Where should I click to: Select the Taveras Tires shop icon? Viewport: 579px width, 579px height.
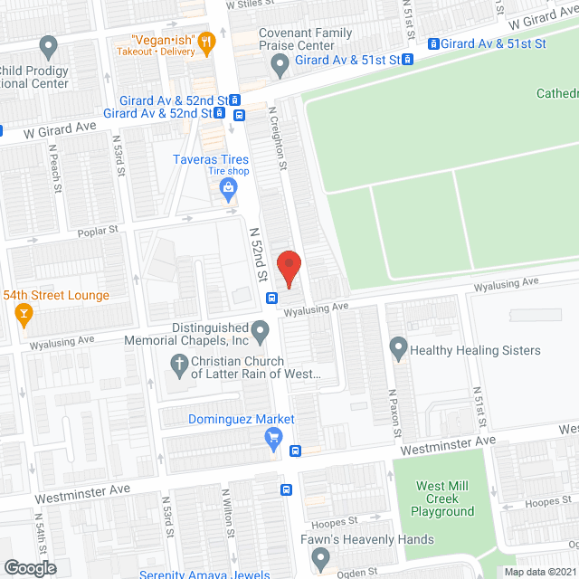click(227, 188)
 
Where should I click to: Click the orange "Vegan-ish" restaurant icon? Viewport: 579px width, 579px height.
click(206, 41)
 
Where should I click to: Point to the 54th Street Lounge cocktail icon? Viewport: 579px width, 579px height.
click(24, 315)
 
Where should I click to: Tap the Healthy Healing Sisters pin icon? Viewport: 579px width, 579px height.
click(397, 346)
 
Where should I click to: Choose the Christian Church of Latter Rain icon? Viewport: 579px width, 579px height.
click(178, 366)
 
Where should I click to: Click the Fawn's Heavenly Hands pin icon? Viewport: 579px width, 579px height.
click(318, 559)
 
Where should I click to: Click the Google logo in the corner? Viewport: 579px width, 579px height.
click(29, 567)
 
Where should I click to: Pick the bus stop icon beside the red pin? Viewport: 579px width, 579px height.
click(271, 298)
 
